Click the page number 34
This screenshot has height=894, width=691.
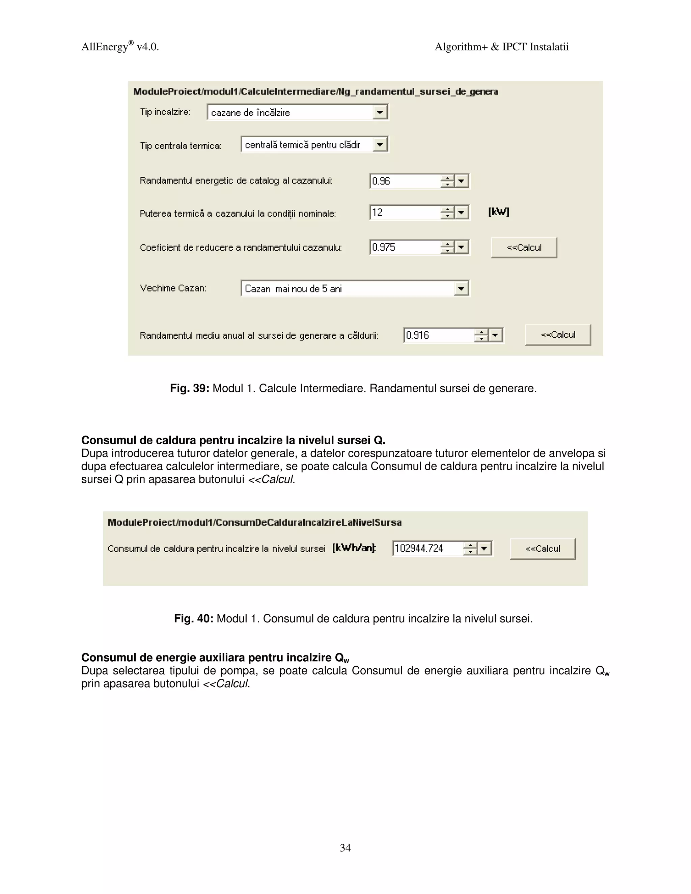tap(345, 847)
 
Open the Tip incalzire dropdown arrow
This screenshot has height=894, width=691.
tap(380, 112)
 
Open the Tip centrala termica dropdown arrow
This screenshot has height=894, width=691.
tap(380, 144)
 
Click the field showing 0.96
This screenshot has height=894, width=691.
tap(405, 181)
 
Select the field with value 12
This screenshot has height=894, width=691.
tap(405, 213)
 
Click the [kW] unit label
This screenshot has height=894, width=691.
tap(499, 212)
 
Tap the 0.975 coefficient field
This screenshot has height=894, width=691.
tap(405, 247)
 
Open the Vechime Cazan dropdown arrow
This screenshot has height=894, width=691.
tap(461, 288)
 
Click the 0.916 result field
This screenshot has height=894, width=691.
tap(438, 335)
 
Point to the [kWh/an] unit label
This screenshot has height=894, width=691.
tap(354, 548)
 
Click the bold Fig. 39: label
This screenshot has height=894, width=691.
tap(190, 388)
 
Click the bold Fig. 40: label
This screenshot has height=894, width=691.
tap(193, 618)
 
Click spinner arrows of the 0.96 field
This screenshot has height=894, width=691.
tap(447, 181)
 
